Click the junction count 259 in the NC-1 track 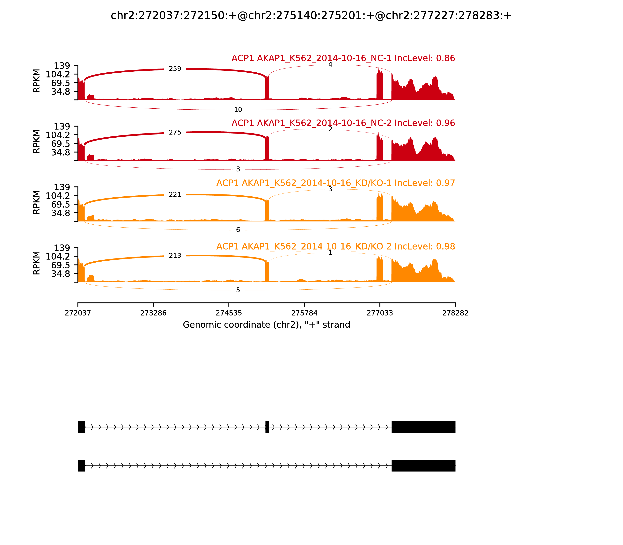click(x=175, y=69)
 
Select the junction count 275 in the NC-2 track click(x=175, y=132)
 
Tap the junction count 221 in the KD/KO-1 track click(x=175, y=194)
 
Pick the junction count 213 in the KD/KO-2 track click(x=175, y=255)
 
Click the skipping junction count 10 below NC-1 click(x=238, y=109)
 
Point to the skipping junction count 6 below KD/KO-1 click(x=238, y=230)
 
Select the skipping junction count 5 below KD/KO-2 click(x=238, y=290)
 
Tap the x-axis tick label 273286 click(x=153, y=313)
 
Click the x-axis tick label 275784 click(x=304, y=313)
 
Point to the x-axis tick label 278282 click(x=455, y=313)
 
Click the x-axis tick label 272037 click(x=78, y=313)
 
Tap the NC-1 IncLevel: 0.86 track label click(x=343, y=58)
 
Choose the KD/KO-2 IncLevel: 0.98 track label click(x=335, y=246)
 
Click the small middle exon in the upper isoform click(x=267, y=427)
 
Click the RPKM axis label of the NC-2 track click(x=36, y=142)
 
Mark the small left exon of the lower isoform click(x=81, y=466)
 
